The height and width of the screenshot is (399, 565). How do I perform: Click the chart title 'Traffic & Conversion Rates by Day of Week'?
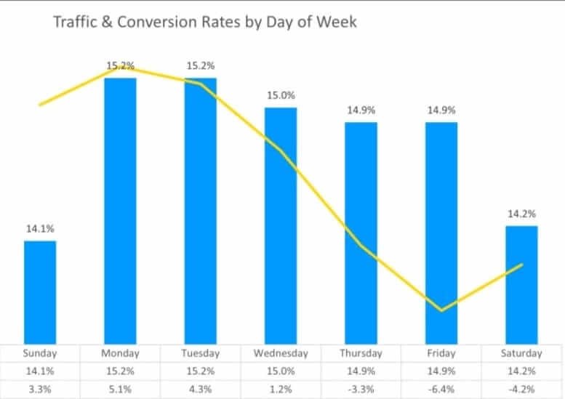tap(206, 23)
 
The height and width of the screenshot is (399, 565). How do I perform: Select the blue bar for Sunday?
tap(40, 291)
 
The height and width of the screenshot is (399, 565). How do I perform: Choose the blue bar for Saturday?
tap(521, 283)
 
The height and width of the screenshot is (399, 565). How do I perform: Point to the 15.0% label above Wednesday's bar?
tap(281, 95)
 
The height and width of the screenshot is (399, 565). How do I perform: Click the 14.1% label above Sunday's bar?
tap(40, 229)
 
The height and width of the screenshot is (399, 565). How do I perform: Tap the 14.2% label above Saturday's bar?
tap(521, 214)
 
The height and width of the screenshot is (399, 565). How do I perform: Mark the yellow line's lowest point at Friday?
tap(441, 310)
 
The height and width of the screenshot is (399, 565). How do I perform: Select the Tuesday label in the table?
tap(200, 353)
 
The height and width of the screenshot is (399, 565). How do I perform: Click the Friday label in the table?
tap(441, 353)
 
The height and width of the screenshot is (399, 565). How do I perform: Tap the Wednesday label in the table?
tap(281, 353)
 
